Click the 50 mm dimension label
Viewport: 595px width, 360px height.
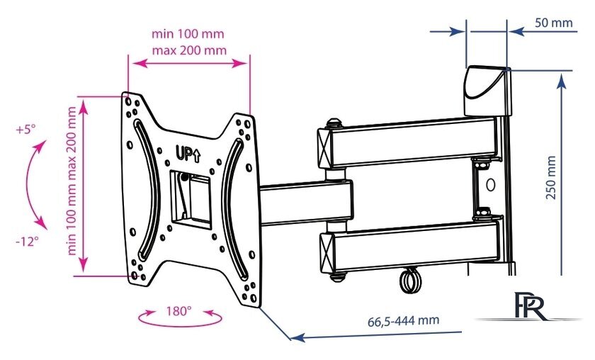click(554, 23)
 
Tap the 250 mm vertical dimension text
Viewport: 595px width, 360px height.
click(551, 177)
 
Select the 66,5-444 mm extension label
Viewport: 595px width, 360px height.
click(403, 321)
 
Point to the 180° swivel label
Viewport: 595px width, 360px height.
click(178, 311)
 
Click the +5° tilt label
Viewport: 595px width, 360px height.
click(25, 130)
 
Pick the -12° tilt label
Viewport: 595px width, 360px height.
click(28, 241)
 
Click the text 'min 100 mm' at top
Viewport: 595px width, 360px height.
click(188, 34)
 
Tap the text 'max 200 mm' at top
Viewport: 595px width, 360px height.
click(189, 50)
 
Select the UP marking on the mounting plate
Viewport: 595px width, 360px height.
click(188, 154)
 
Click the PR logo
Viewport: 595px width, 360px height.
click(529, 305)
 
